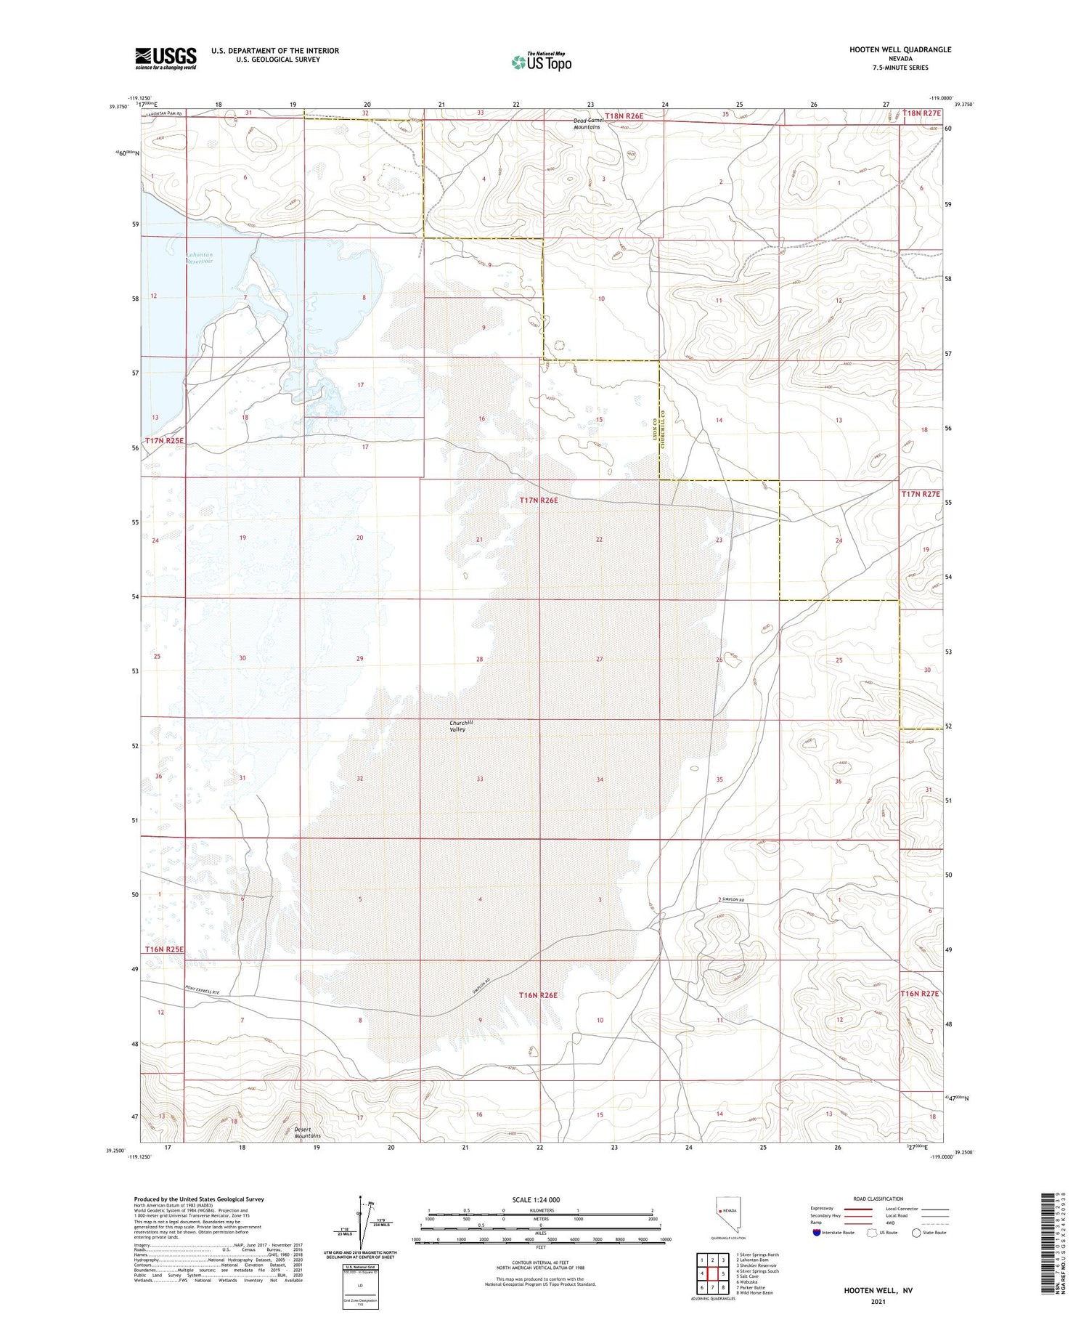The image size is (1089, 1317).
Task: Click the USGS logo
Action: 166,58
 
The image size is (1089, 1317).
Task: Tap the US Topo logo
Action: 542,62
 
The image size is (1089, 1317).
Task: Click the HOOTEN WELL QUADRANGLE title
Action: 900,49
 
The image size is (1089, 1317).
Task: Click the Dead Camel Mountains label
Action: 587,123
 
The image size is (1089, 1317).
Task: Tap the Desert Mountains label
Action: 307,1132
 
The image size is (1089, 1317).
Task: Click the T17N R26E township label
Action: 538,501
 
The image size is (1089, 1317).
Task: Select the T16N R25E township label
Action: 164,949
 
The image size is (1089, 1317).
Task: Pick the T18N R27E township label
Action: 921,113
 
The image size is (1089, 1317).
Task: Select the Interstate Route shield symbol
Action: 817,1232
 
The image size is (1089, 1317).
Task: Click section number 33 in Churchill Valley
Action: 480,779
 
